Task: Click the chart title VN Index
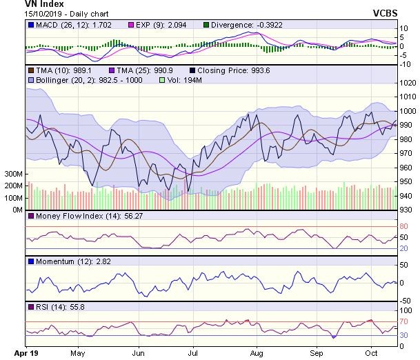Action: pos(43,4)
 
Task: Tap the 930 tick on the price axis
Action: pos(408,210)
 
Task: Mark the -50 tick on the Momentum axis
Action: pos(408,299)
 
